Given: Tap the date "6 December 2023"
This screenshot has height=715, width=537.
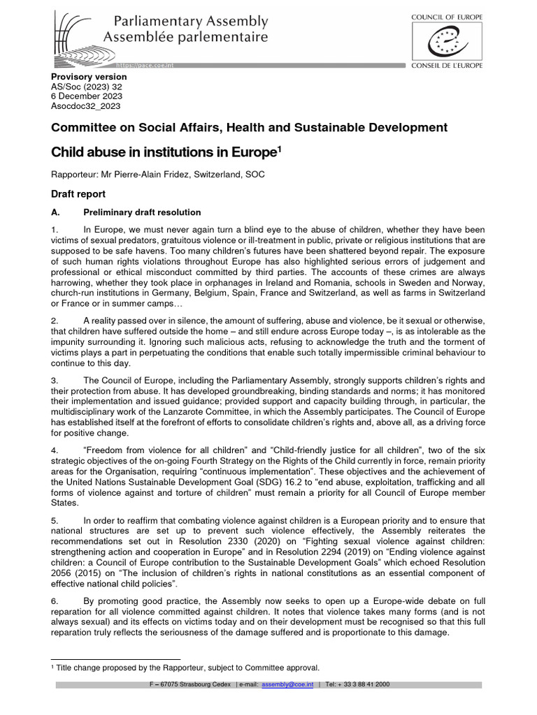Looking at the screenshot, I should [86, 96].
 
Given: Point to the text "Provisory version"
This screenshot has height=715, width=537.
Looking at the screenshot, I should [89, 77].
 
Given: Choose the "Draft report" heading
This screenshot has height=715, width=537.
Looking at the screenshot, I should [78, 194].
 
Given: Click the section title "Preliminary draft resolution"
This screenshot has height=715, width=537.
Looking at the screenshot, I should [142, 212].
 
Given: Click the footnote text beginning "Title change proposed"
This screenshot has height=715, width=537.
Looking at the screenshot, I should [189, 667].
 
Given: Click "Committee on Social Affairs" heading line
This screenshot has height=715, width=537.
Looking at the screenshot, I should [249, 127].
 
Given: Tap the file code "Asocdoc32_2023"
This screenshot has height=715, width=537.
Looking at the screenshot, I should [86, 106].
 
